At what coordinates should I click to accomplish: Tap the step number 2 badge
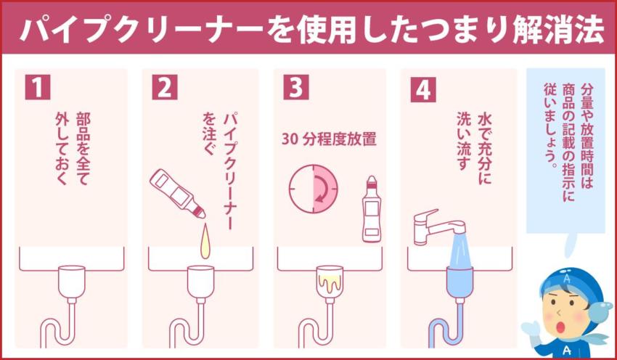[x=166, y=87]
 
